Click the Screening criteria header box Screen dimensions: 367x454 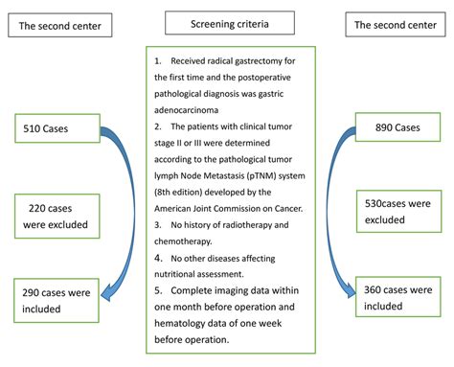pyautogui.click(x=227, y=21)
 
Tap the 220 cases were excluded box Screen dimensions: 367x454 pyautogui.click(x=57, y=217)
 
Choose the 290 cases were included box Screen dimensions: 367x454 pyautogui.click(x=58, y=301)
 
